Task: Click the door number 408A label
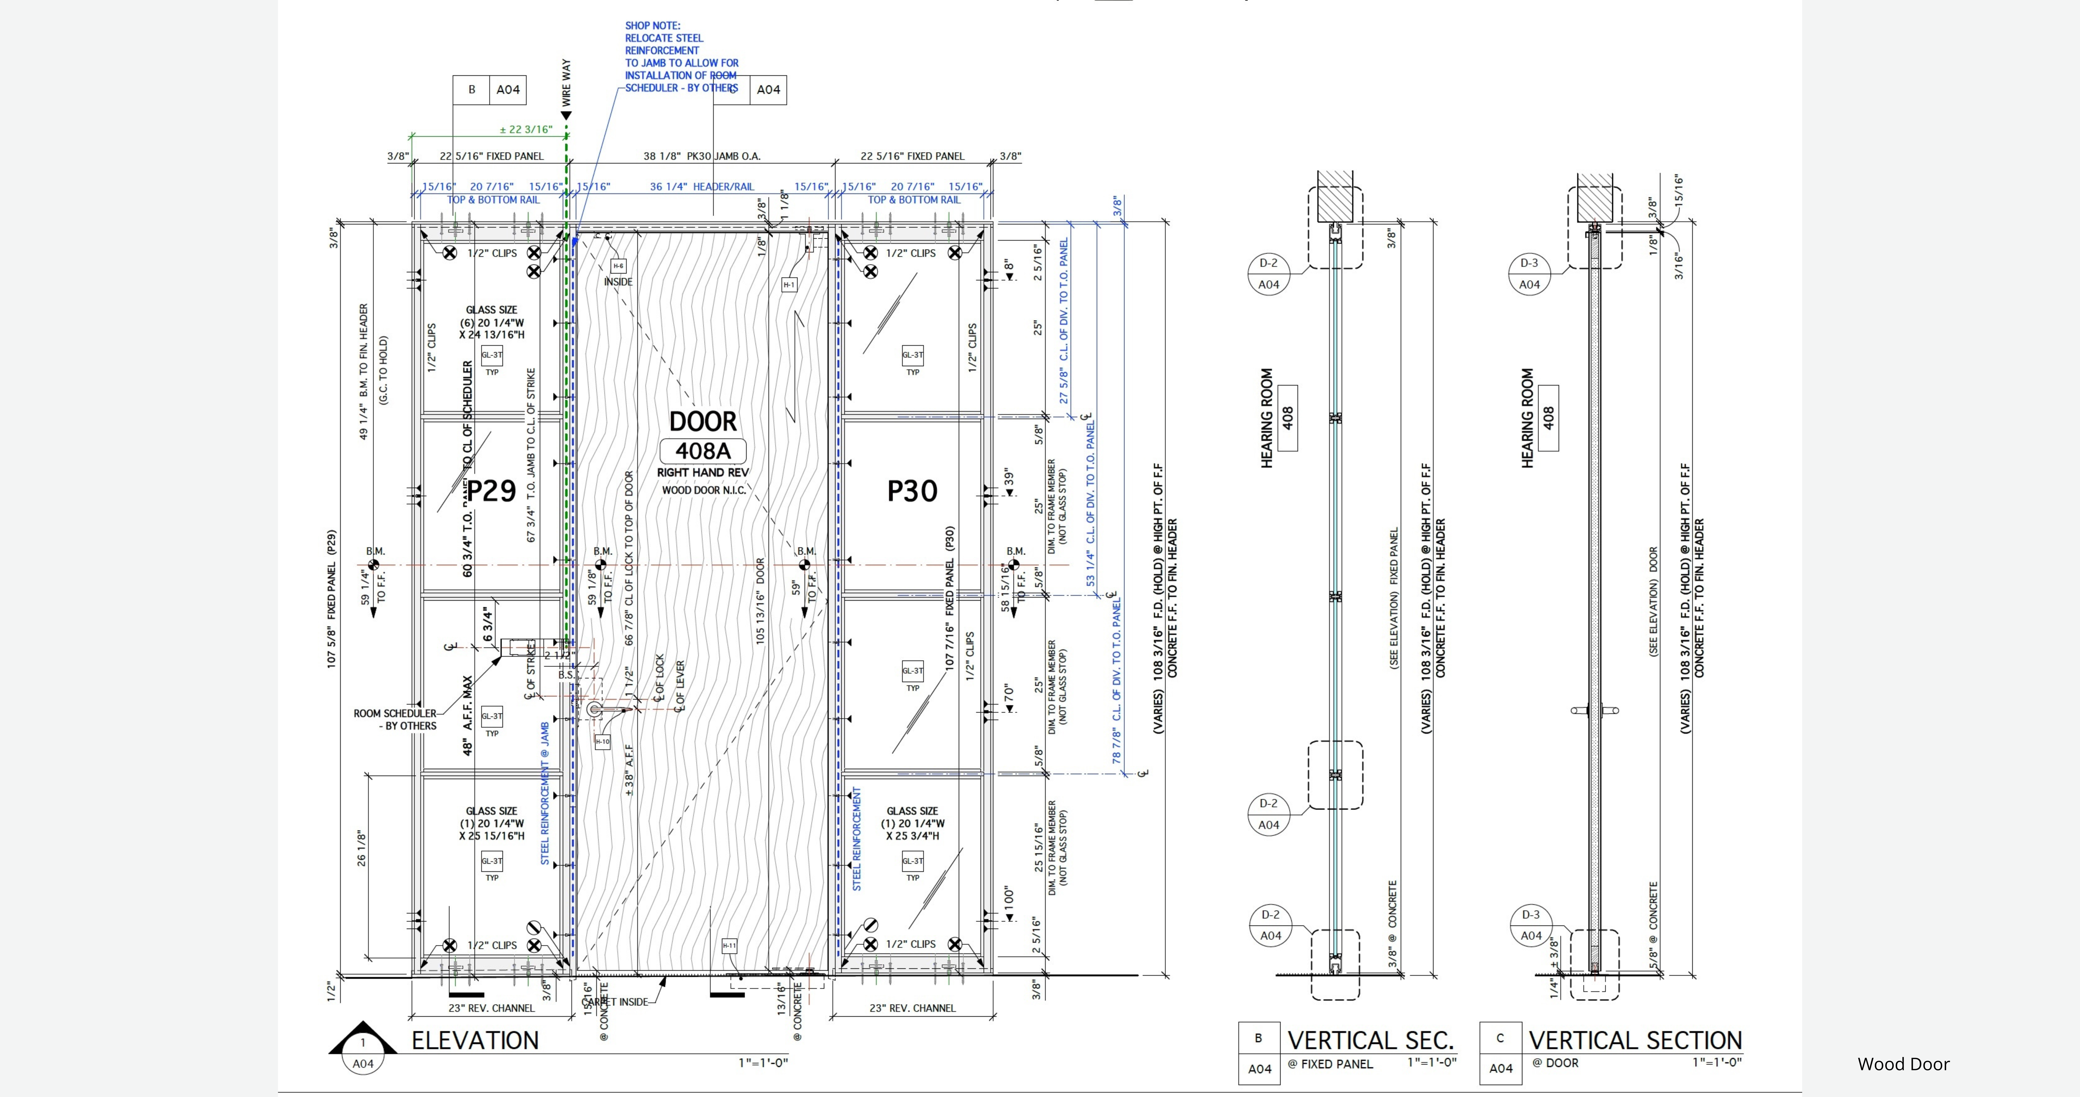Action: point(703,451)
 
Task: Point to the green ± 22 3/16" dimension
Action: point(526,129)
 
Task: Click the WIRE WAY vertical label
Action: point(566,82)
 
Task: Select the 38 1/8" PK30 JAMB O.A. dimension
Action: point(702,156)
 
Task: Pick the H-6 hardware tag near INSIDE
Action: point(618,266)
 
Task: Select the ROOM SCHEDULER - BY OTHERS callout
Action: point(395,719)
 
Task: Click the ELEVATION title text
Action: point(475,1041)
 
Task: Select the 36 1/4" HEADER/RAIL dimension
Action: point(702,187)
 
